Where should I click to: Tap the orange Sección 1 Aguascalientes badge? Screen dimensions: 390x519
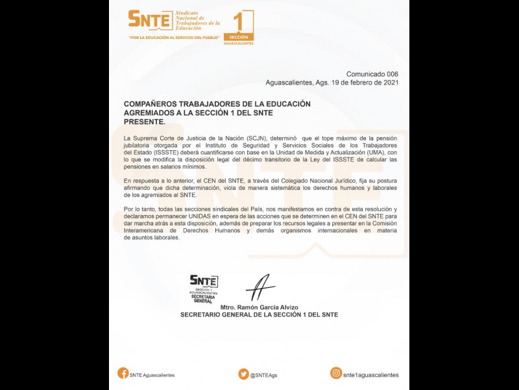point(238,28)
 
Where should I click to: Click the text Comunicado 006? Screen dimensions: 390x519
point(372,74)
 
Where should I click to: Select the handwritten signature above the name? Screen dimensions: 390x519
point(260,285)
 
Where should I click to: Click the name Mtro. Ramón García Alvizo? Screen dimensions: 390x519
point(259,307)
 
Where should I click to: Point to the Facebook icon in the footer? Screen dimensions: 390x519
point(123,373)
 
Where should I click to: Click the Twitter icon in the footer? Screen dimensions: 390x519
point(243,374)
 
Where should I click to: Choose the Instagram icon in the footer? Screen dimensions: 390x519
point(336,373)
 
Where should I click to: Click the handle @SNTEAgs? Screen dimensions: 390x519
point(264,374)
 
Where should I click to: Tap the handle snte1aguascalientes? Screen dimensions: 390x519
point(370,374)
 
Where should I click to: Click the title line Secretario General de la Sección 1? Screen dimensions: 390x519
point(259,314)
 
